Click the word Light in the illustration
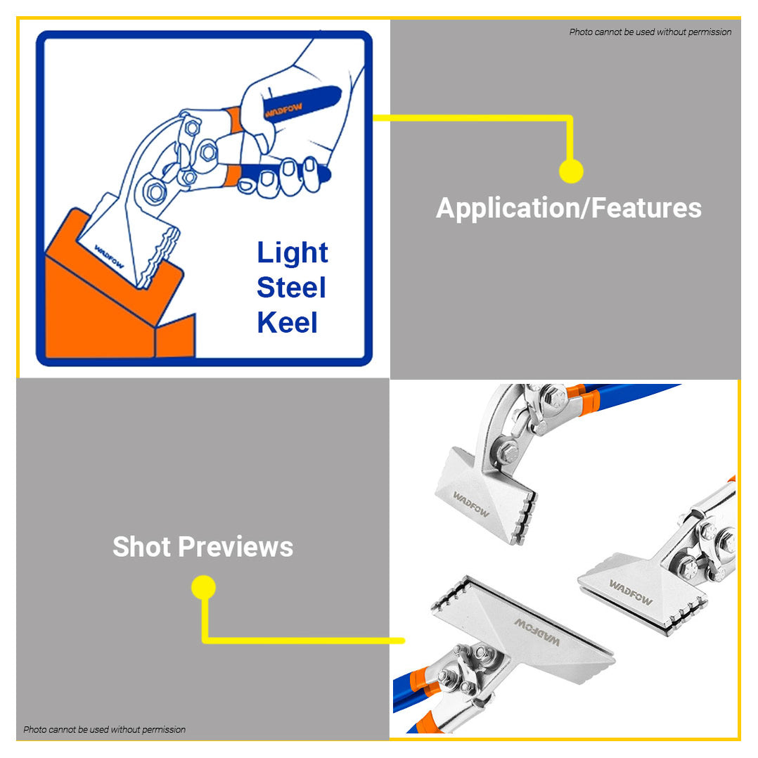(x=292, y=253)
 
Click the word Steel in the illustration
(x=291, y=287)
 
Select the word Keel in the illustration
(x=287, y=322)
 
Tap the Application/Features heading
(x=568, y=208)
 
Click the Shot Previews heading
(x=203, y=547)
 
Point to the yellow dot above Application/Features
(x=571, y=171)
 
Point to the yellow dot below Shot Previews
(x=203, y=587)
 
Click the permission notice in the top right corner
(x=650, y=32)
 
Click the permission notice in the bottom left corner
(x=104, y=729)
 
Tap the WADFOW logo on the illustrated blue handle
(x=283, y=110)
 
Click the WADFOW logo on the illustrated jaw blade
(x=109, y=257)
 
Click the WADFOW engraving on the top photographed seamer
(x=471, y=504)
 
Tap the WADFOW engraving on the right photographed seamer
(x=630, y=592)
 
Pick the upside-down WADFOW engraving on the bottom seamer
(x=537, y=632)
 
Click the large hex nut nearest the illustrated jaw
(x=155, y=192)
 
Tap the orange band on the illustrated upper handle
(x=234, y=120)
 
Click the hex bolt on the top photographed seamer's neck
(x=508, y=453)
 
